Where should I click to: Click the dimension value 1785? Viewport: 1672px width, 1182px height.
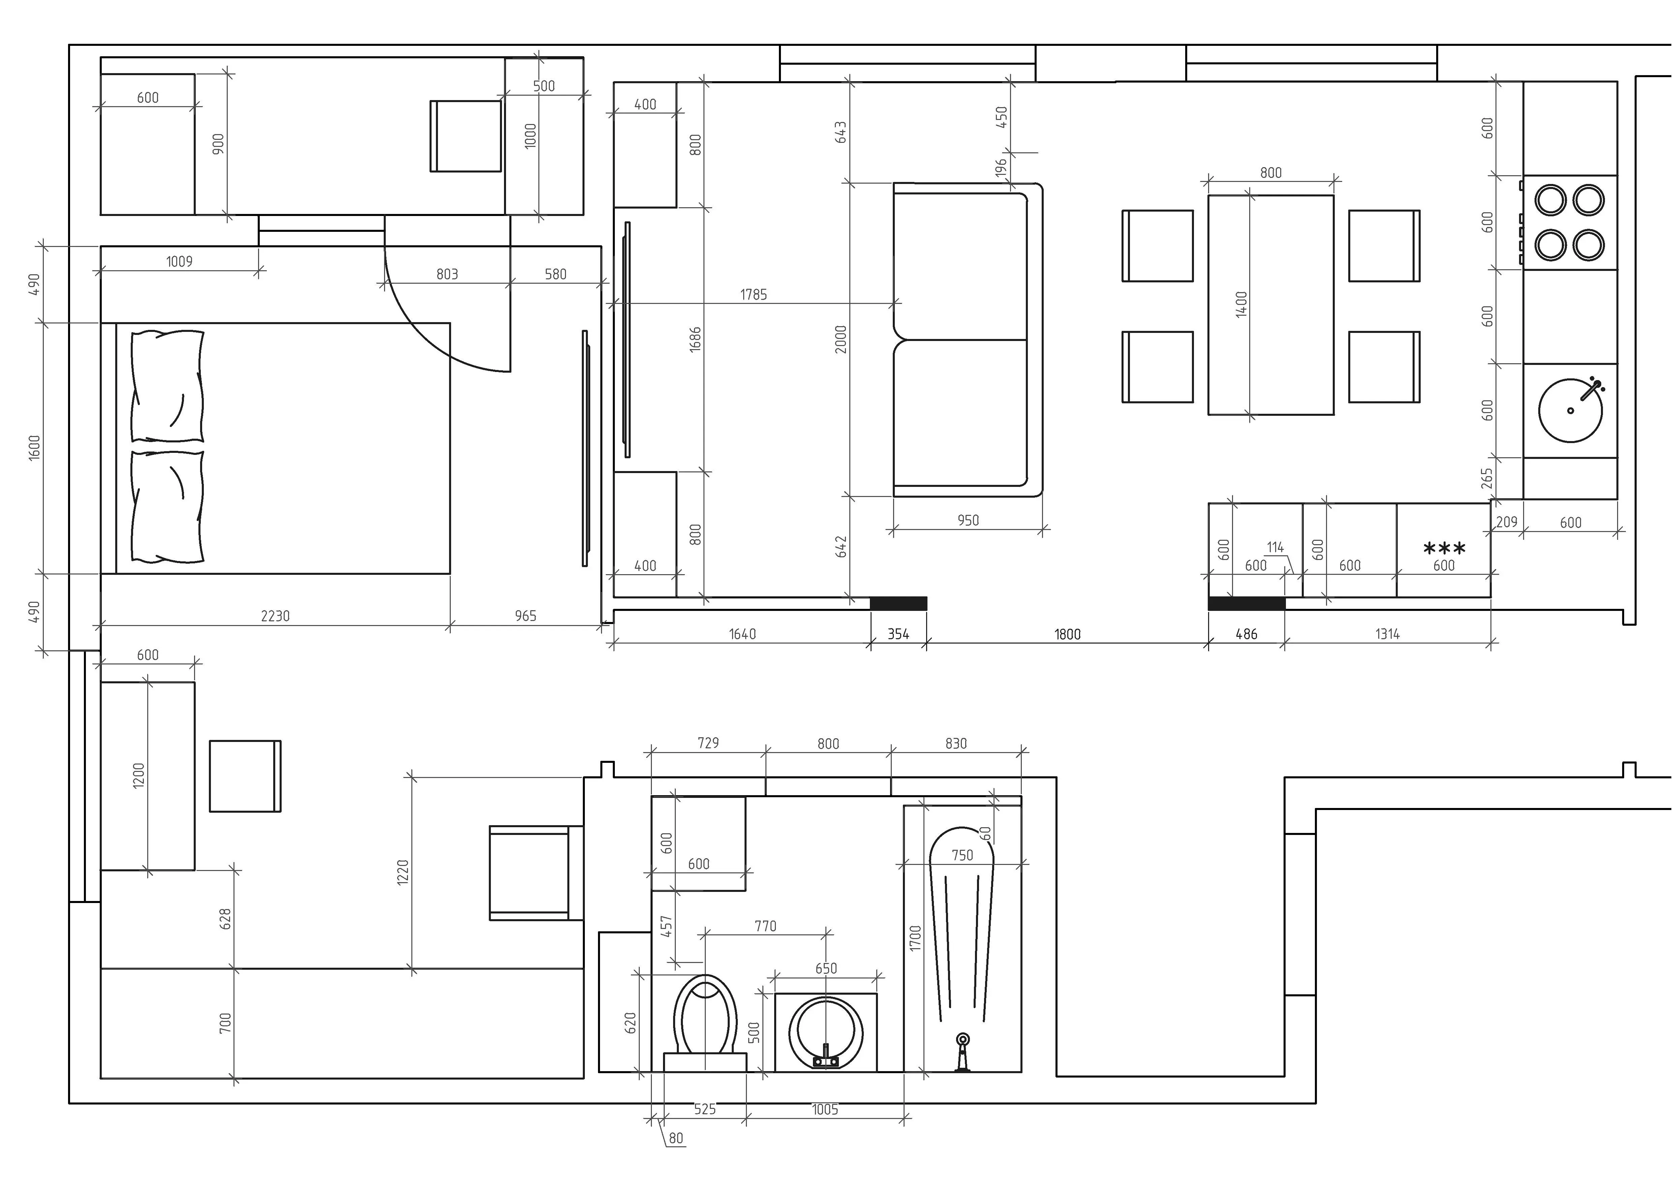tap(754, 294)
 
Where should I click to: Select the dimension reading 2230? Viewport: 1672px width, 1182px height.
tap(275, 616)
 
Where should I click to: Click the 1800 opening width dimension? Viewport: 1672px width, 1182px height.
tap(1068, 634)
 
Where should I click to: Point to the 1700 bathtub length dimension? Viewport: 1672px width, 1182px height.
tap(915, 938)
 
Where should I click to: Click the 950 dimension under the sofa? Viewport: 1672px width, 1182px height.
tap(968, 520)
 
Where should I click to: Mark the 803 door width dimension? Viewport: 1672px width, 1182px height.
tap(447, 274)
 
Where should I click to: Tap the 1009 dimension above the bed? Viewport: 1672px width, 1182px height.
tap(179, 261)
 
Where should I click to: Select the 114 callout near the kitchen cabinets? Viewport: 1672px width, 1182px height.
tap(1275, 547)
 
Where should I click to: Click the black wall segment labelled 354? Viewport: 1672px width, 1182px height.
tap(898, 603)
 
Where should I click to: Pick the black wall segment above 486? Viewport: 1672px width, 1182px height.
tap(1247, 603)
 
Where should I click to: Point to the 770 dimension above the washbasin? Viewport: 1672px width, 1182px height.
tap(765, 926)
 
